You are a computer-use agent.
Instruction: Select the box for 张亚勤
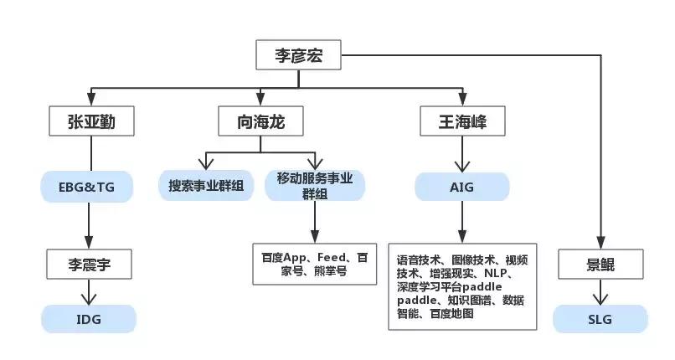(90, 122)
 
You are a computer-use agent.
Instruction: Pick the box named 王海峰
(464, 122)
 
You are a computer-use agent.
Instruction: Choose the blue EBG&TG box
(89, 186)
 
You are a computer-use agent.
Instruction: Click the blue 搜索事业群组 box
(206, 185)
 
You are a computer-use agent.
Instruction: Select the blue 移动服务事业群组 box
(315, 186)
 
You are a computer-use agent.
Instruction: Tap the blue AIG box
(462, 186)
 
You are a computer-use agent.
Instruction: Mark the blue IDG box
(89, 319)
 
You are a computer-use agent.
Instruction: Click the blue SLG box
(600, 319)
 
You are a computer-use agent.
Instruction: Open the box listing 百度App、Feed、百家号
(315, 264)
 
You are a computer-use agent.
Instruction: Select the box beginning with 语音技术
(463, 286)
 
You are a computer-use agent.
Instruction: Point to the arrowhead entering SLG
(600, 297)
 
